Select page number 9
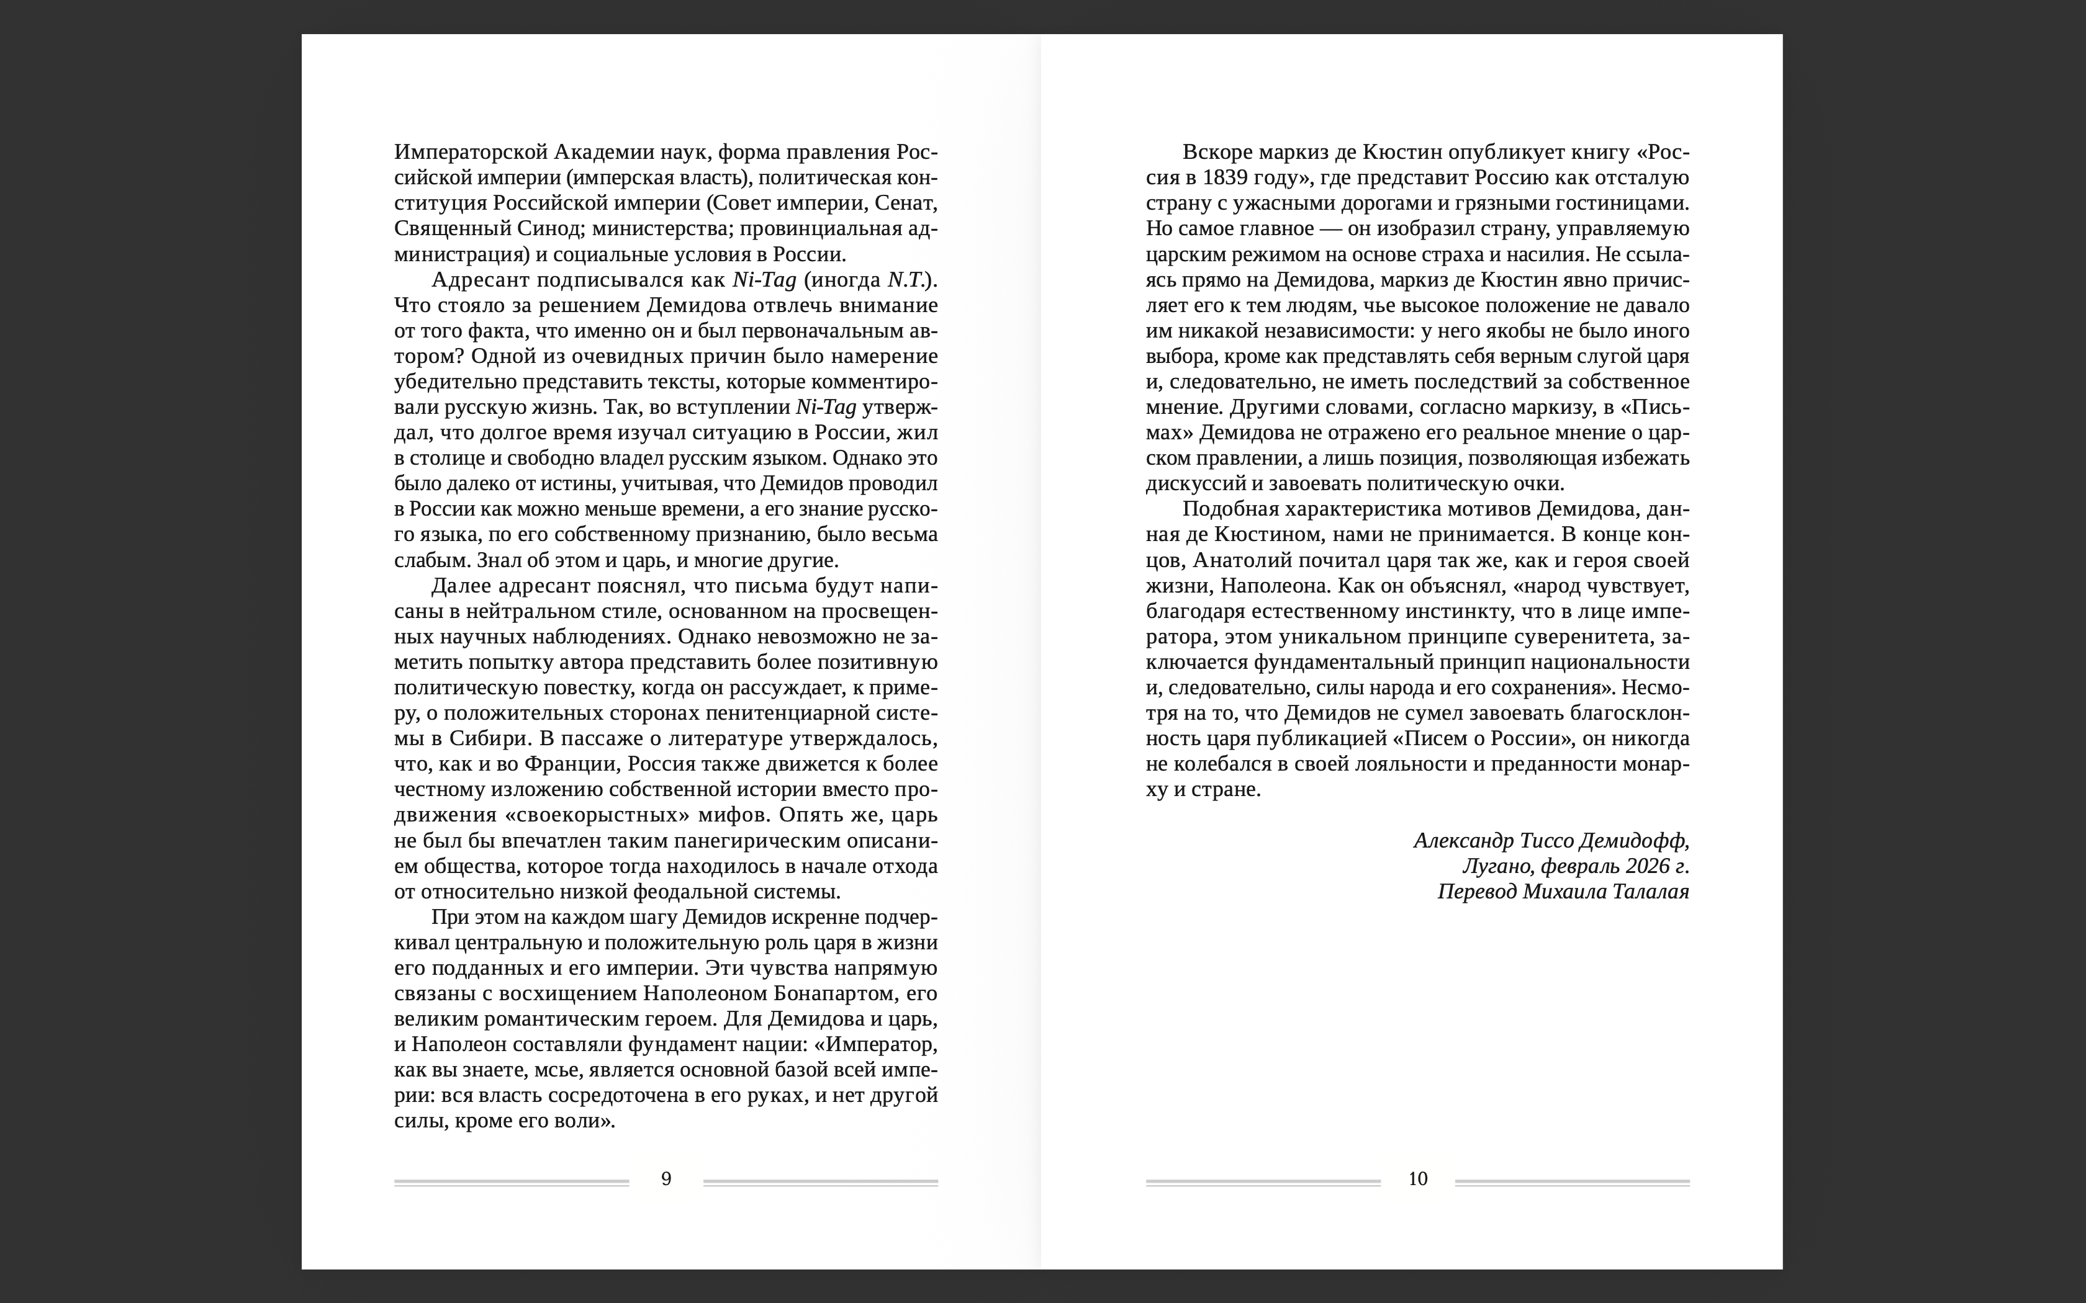click(666, 1179)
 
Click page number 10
click(1418, 1179)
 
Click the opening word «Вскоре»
click(1216, 153)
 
